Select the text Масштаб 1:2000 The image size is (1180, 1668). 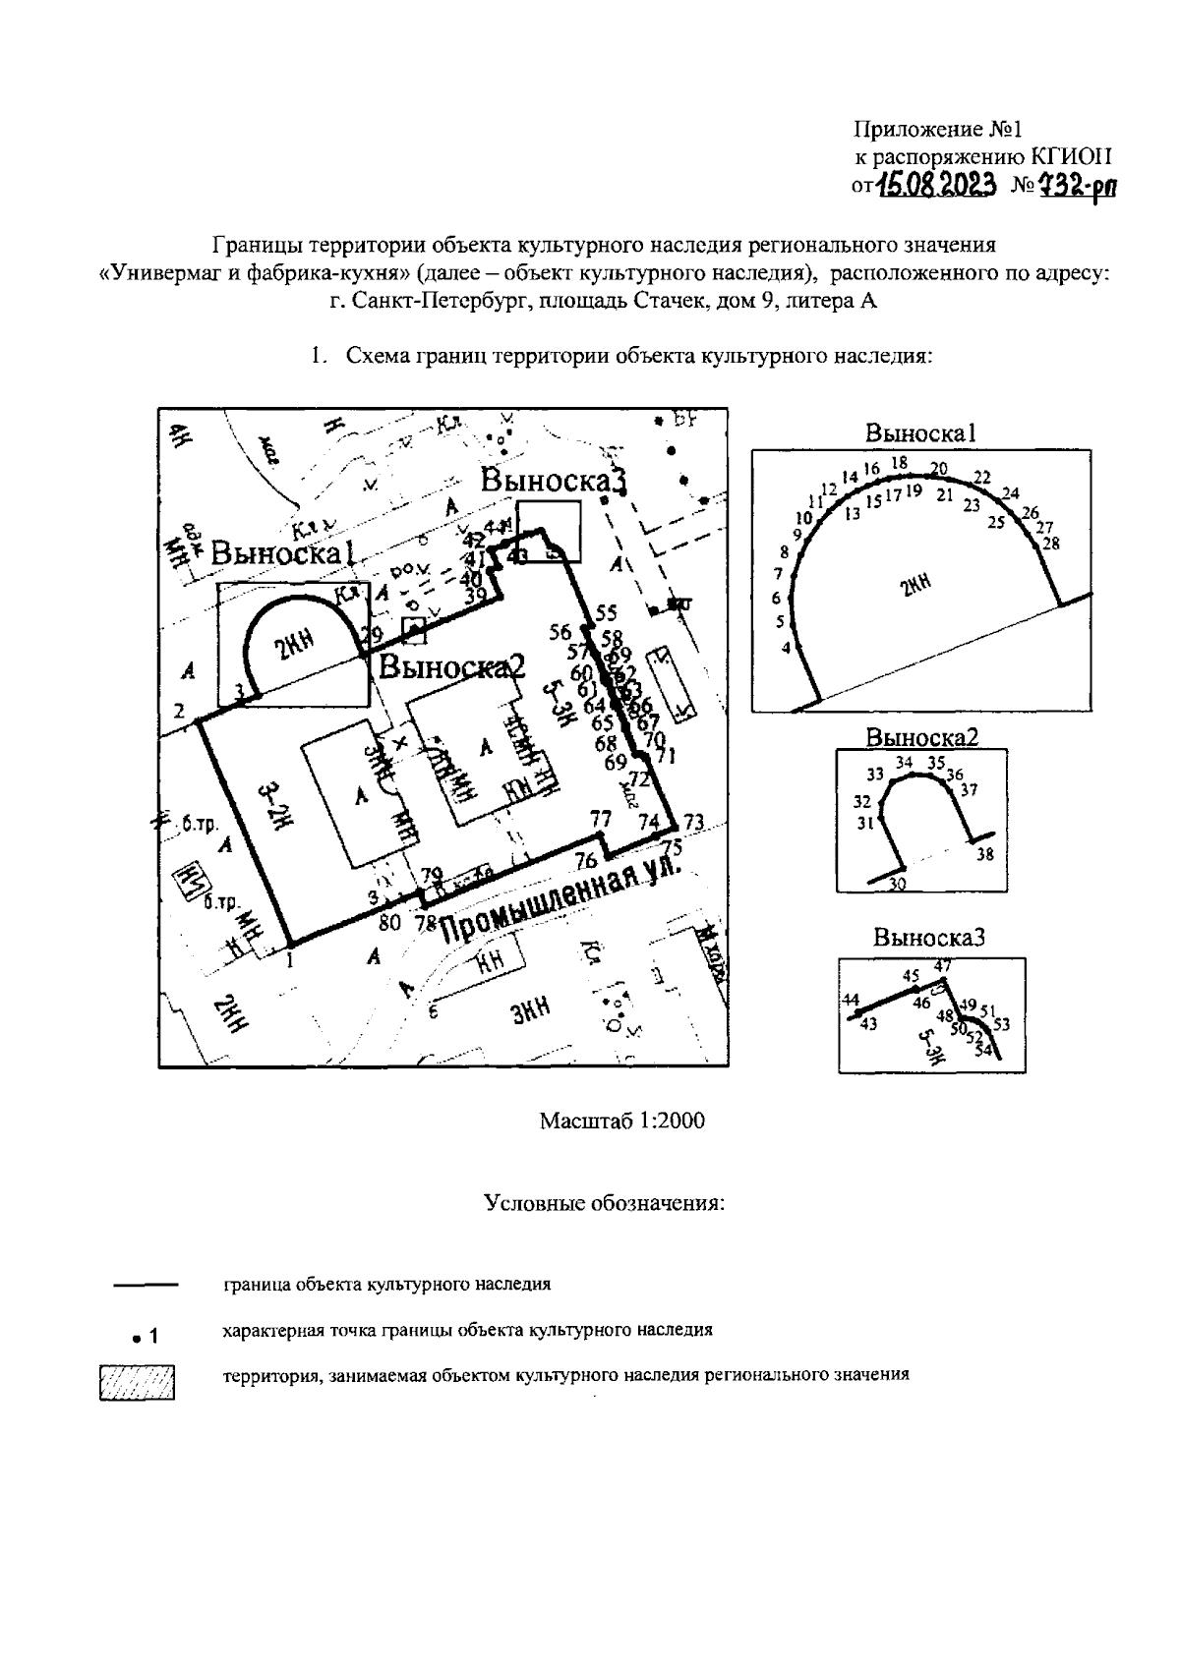[621, 1121]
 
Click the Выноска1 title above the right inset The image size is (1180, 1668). [920, 432]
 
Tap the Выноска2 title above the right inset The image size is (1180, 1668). [921, 737]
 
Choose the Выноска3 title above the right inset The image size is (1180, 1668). [928, 938]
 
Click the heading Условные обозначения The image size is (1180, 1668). [605, 1203]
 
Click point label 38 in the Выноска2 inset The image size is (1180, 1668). [984, 854]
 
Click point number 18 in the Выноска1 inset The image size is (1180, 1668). [899, 462]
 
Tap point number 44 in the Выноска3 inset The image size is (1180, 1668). [851, 1000]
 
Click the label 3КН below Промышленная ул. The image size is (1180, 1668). [530, 1007]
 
